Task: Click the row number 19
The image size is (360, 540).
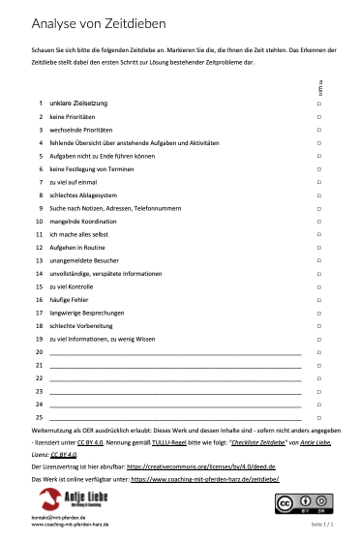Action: pos(40,340)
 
